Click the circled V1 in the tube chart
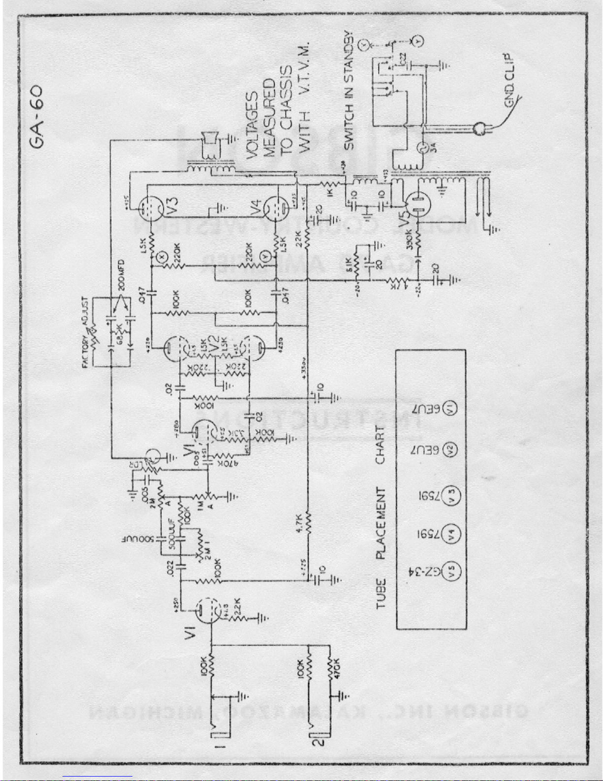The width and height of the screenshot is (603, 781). [450, 408]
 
